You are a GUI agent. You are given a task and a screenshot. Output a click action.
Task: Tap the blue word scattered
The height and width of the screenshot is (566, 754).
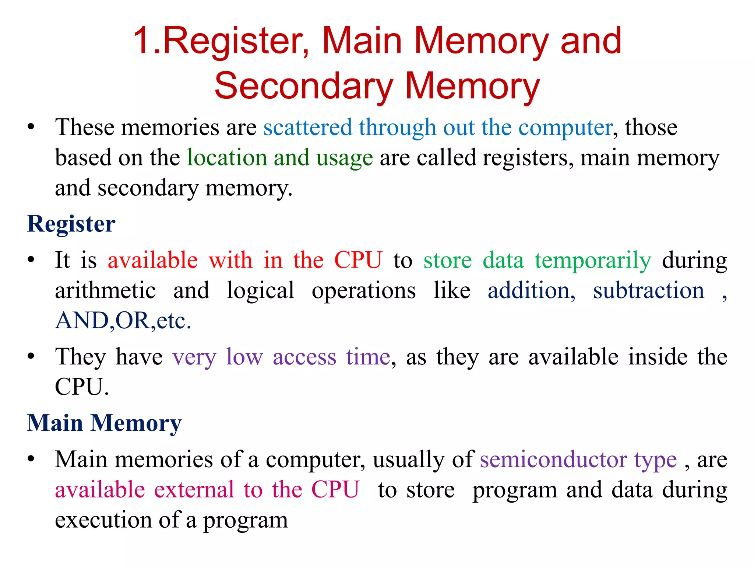308,127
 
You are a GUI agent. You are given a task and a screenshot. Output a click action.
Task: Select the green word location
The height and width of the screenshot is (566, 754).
227,158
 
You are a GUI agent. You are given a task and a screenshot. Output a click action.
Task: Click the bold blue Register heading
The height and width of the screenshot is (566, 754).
71,224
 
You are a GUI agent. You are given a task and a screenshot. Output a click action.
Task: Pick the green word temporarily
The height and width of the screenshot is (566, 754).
593,261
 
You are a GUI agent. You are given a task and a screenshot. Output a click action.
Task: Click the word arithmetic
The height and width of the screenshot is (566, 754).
105,290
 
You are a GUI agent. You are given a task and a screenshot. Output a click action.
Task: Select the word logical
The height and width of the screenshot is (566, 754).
260,291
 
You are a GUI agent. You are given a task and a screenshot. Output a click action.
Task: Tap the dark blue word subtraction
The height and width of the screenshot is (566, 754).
648,290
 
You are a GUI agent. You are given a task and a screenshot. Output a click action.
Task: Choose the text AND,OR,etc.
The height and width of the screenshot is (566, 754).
123,321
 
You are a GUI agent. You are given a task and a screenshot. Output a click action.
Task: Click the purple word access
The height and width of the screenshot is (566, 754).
304,357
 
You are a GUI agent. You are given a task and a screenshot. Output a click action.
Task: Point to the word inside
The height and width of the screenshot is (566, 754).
658,357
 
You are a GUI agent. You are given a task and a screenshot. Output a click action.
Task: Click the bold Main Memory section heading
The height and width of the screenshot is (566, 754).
104,423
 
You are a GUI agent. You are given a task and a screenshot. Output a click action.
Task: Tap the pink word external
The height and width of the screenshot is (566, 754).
194,490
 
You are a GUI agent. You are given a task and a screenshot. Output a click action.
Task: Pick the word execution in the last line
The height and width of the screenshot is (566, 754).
103,520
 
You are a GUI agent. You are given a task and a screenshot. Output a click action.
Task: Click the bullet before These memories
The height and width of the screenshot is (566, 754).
31,127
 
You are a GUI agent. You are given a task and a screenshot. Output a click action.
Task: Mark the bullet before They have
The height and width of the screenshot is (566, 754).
31,357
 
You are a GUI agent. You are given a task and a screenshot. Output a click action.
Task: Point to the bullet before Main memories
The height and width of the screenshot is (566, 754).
31,460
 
